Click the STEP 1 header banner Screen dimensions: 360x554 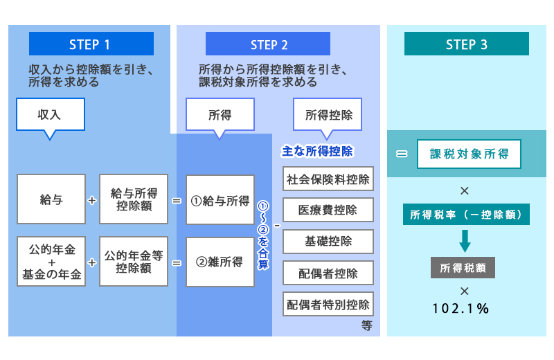89,44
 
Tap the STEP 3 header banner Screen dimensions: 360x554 466,44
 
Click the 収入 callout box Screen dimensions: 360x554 51,114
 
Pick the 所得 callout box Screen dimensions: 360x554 220,114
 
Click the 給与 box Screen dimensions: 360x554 51,199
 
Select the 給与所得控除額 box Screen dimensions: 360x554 133,199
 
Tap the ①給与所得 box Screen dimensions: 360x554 220,199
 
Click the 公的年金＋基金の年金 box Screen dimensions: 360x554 51,262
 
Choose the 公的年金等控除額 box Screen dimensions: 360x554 133,262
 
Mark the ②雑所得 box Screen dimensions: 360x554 220,262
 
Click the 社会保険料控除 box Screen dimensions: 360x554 328,179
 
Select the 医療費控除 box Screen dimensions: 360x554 328,210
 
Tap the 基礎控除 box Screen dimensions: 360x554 328,241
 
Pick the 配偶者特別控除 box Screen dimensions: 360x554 328,304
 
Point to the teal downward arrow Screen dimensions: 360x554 465,240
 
